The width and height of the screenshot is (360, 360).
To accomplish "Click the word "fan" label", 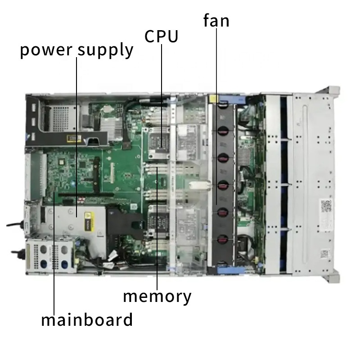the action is pos(216,21).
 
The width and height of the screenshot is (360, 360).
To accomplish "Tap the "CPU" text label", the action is pos(162,36).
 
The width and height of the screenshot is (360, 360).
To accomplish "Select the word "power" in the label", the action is pos(46,50).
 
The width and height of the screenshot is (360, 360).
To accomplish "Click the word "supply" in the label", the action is pos(105,50).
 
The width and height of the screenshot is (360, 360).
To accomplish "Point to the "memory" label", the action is pos(157,297).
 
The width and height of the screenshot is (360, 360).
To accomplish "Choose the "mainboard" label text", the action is pos(87,319).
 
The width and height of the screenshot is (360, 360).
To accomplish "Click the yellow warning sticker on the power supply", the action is pos(89,221).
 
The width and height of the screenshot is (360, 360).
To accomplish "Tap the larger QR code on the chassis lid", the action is pos(326,206).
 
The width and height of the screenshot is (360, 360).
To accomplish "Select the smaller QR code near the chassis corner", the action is pos(324,254).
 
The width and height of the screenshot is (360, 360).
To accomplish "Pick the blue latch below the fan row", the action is pos(231,270).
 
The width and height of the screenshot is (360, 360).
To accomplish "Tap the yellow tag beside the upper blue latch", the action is pos(213,99).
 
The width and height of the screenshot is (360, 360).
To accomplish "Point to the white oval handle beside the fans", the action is pos(199,185).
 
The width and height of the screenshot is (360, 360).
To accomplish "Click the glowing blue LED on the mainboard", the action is pos(73,184).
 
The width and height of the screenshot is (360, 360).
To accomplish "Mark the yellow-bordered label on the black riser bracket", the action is pos(74,139).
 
